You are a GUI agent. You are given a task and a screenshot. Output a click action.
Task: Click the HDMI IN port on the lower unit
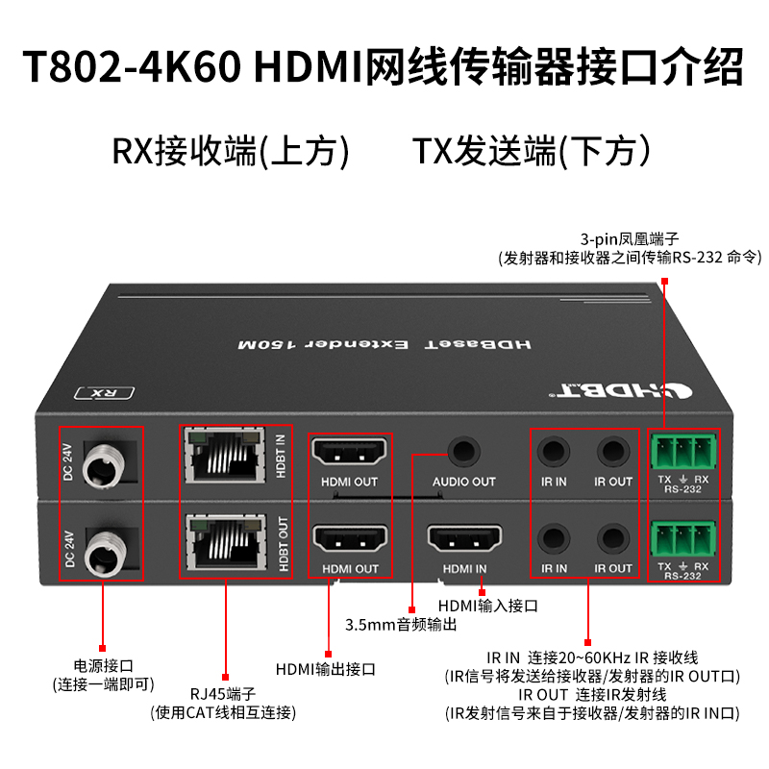pyautogui.click(x=464, y=538)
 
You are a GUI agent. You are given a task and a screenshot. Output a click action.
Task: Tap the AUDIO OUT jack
pyautogui.click(x=464, y=451)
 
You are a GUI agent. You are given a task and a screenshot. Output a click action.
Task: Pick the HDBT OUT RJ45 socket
pyautogui.click(x=227, y=542)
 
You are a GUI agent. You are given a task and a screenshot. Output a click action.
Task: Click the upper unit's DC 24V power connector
pyautogui.click(x=104, y=464)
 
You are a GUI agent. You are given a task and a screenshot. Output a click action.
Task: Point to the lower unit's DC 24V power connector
pyautogui.click(x=106, y=551)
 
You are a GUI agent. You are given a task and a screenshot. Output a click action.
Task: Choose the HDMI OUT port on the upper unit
pyautogui.click(x=349, y=451)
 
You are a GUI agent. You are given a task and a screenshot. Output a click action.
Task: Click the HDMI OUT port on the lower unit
pyautogui.click(x=350, y=538)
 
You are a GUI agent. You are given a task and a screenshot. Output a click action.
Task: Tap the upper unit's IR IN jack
pyautogui.click(x=554, y=451)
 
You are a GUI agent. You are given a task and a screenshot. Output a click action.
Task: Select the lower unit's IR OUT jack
pyautogui.click(x=613, y=538)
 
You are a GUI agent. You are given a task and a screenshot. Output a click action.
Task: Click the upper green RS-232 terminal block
pyautogui.click(x=683, y=451)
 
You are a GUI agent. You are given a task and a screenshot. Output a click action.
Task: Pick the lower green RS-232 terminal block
pyautogui.click(x=683, y=538)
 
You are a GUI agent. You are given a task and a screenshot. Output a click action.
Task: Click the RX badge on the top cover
pyautogui.click(x=105, y=393)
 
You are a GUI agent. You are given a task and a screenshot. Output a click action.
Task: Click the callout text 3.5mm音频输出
pyautogui.click(x=401, y=625)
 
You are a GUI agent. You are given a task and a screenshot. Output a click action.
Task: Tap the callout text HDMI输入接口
pyautogui.click(x=488, y=606)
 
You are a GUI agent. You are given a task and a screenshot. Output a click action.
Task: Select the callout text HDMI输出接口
pyautogui.click(x=326, y=669)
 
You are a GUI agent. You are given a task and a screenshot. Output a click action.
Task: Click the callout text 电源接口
pyautogui.click(x=104, y=666)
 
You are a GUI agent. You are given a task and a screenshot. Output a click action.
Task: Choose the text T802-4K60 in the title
pyautogui.click(x=133, y=66)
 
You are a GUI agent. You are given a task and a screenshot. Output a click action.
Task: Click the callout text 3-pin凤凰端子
pyautogui.click(x=630, y=239)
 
